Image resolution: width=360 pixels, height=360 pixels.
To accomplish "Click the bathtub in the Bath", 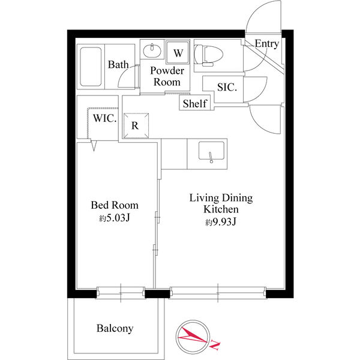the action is (x=91, y=67).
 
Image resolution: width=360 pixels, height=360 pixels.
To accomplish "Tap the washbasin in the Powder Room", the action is (x=152, y=50).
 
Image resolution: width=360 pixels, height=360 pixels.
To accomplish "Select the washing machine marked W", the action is (x=178, y=52).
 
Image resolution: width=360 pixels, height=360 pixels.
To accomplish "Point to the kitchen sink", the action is (x=211, y=152).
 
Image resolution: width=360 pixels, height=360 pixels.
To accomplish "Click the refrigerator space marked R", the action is (x=136, y=126).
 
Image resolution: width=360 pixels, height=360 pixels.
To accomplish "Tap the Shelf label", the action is (x=194, y=104).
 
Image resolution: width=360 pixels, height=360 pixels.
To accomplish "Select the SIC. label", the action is (x=227, y=87).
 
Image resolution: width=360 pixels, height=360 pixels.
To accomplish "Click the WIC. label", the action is (x=104, y=118).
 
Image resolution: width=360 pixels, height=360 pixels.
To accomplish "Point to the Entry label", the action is (x=267, y=44).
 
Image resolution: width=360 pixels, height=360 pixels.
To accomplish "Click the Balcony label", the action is (x=115, y=328).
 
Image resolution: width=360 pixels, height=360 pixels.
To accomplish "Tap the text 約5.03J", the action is (x=115, y=218).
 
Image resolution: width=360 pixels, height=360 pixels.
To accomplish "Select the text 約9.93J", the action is (x=221, y=222).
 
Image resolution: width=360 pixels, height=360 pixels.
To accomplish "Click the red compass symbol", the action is (x=193, y=337).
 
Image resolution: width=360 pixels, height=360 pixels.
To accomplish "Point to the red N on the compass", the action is (x=215, y=344).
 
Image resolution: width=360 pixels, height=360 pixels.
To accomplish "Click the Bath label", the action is (x=118, y=65).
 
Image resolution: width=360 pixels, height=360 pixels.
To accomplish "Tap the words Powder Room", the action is (x=167, y=76).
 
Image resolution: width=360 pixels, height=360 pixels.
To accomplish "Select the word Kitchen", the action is (x=221, y=209).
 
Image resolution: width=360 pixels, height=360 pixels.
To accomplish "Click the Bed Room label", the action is (x=115, y=205).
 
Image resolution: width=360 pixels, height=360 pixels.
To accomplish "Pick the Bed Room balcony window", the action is (x=121, y=293).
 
